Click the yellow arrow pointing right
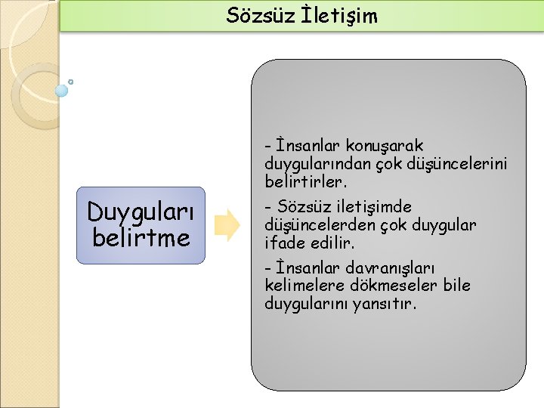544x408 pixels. click(227, 225)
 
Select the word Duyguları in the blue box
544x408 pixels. click(141, 214)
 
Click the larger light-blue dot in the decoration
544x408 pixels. click(61, 91)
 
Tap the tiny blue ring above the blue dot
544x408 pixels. click(70, 82)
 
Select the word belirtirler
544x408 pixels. click(305, 182)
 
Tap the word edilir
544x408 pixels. click(335, 243)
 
